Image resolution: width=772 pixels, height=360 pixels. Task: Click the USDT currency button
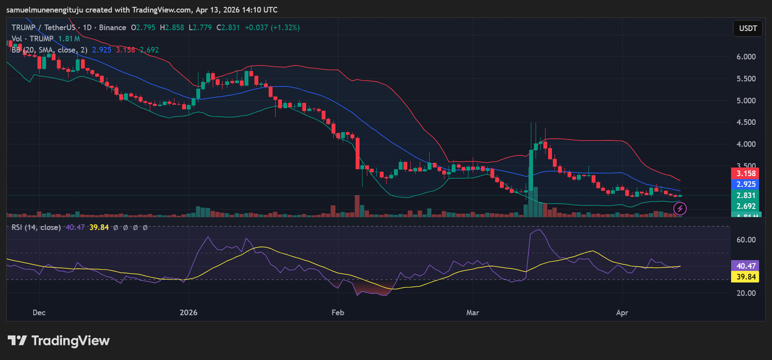(748, 28)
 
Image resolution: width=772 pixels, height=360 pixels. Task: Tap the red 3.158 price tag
(745, 174)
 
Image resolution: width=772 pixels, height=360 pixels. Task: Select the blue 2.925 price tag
(745, 184)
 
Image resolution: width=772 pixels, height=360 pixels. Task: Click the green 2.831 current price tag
(745, 195)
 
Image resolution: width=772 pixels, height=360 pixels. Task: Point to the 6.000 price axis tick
(746, 57)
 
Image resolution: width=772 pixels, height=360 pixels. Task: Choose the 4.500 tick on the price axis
(746, 123)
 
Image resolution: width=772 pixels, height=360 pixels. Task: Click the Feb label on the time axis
(338, 313)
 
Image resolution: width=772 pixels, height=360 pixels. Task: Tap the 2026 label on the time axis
(189, 313)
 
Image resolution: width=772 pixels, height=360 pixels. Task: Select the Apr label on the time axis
(622, 313)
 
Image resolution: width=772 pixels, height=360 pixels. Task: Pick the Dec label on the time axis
(39, 313)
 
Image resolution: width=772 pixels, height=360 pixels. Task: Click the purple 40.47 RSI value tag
(745, 266)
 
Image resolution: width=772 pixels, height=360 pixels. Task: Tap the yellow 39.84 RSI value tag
(745, 277)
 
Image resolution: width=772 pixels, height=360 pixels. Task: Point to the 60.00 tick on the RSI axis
(746, 240)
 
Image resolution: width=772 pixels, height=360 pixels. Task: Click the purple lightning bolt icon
(680, 208)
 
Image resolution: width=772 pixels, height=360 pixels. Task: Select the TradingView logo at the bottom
(59, 341)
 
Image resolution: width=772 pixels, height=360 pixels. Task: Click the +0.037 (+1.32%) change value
(272, 28)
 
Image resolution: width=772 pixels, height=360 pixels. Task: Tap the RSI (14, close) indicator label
(36, 227)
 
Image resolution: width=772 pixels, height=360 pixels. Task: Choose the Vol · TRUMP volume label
(32, 39)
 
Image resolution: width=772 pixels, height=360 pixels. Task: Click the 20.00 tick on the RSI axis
(746, 293)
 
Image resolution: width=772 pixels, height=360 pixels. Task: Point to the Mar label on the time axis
(472, 313)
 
